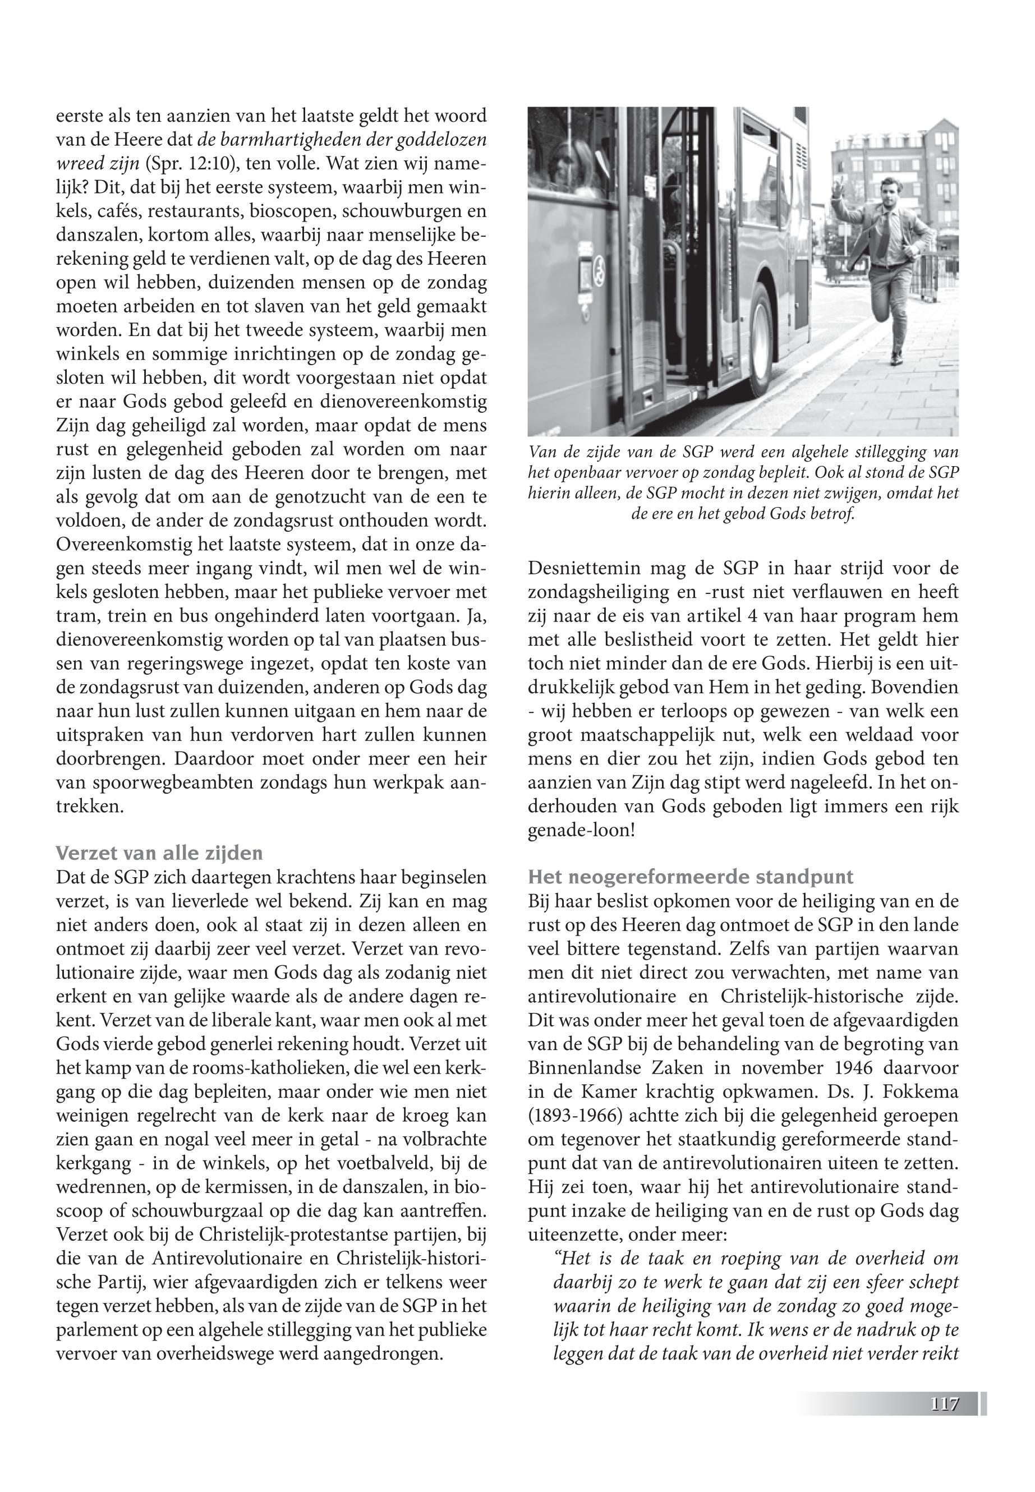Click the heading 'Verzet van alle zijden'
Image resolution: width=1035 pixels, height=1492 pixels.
(x=159, y=851)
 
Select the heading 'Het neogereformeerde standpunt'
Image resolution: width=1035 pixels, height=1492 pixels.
(x=691, y=877)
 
